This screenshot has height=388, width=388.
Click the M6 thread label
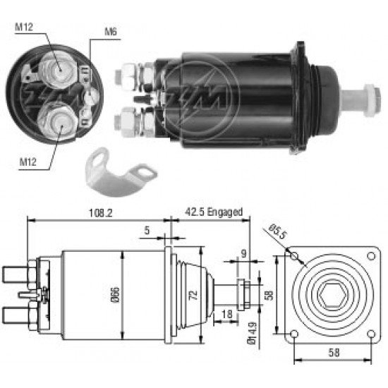coord(111,32)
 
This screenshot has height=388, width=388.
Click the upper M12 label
coord(24,27)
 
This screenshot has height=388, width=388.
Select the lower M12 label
coord(28,162)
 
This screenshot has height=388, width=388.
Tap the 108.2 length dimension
coord(100,213)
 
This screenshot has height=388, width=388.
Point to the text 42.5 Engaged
coord(214,212)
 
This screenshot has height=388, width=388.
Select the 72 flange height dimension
coord(194,295)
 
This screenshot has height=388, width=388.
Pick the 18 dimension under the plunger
coord(227,314)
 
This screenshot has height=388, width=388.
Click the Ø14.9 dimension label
coord(252,333)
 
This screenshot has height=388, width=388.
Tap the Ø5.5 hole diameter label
coord(278,231)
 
